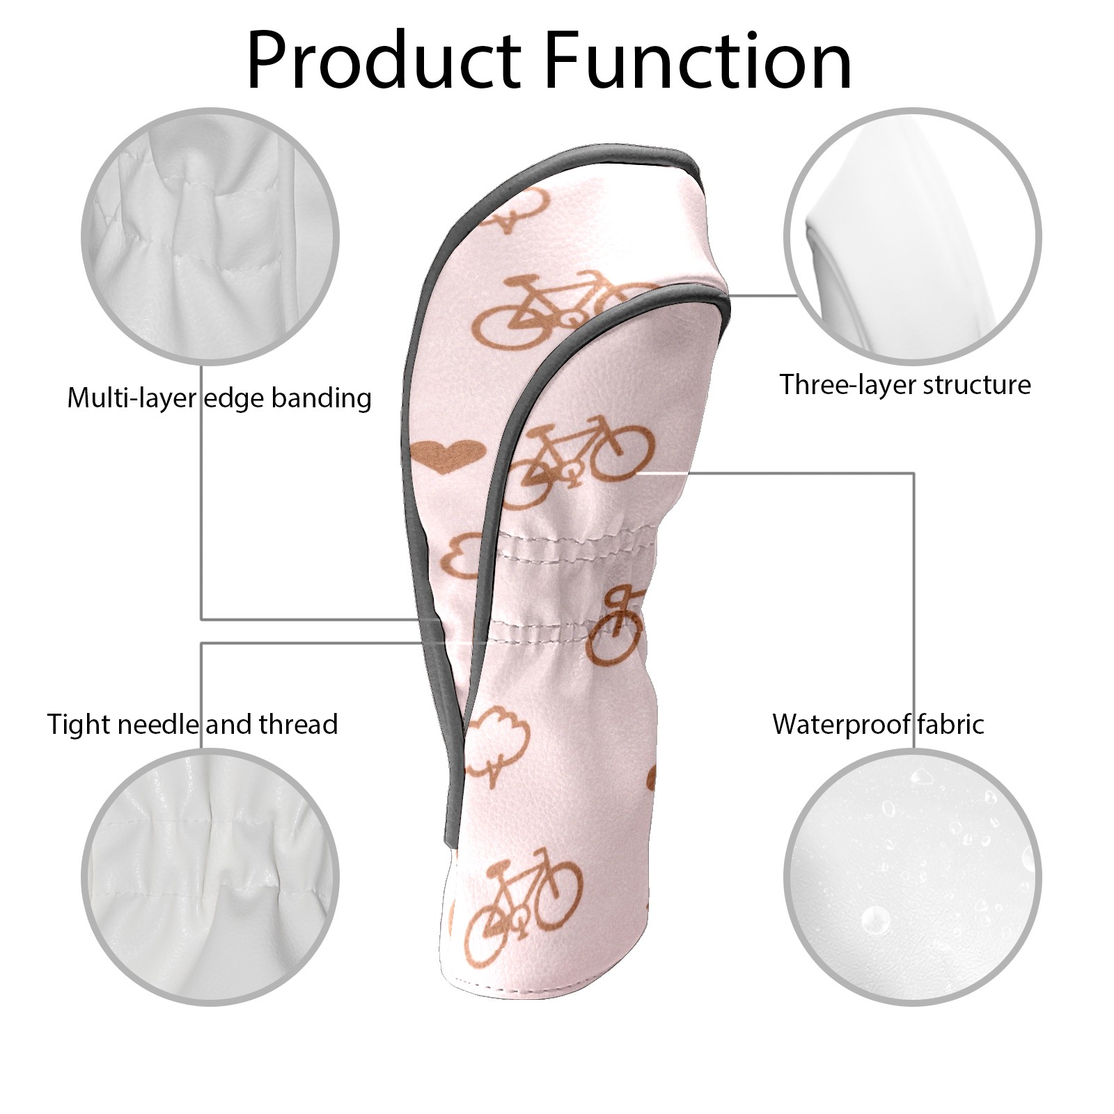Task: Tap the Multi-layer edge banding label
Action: point(219,398)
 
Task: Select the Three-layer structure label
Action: point(904,385)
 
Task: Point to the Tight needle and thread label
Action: point(192,725)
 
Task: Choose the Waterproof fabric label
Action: point(878,725)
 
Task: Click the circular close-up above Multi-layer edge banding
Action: point(210,237)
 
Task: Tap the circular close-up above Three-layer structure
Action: point(912,237)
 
